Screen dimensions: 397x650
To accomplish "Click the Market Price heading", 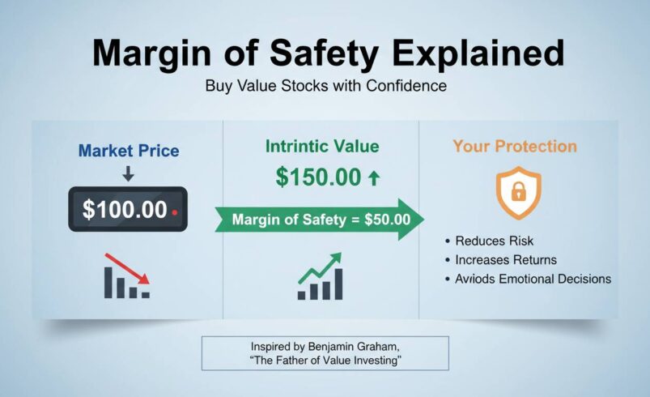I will (129, 151).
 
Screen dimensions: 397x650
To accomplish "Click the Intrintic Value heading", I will (322, 147).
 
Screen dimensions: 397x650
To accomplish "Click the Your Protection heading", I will (515, 147).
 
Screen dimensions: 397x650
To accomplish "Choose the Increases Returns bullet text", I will (506, 260).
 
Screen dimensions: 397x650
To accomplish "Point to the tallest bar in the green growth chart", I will (338, 283).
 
